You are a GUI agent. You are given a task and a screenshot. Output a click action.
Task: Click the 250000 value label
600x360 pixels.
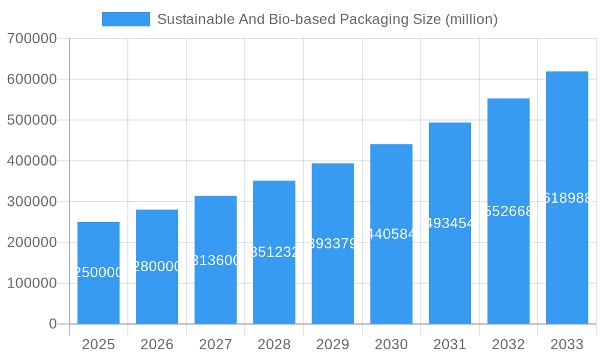(x=98, y=272)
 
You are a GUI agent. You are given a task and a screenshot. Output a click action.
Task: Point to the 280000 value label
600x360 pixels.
(x=157, y=266)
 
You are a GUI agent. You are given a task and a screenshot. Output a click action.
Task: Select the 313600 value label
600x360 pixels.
(x=215, y=260)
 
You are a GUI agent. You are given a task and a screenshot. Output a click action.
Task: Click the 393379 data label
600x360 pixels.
(x=333, y=244)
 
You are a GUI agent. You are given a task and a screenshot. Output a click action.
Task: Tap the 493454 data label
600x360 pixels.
(x=450, y=223)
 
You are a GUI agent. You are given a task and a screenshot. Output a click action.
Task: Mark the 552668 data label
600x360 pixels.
(x=508, y=211)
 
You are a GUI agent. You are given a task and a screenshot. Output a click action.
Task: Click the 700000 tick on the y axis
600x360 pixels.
(x=32, y=38)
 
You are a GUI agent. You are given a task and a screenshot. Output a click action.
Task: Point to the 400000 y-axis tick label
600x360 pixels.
(x=32, y=161)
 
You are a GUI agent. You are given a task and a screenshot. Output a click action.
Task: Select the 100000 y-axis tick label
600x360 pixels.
(x=32, y=283)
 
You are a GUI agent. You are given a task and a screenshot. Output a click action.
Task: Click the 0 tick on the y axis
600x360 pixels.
(x=52, y=324)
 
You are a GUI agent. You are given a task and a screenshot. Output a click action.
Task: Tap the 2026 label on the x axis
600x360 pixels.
(x=157, y=344)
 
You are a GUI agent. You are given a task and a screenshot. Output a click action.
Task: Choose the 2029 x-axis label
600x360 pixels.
(x=333, y=344)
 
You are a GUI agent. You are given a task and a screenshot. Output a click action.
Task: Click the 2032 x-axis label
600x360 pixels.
(x=508, y=344)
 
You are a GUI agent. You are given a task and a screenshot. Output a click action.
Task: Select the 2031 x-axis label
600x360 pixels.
(x=450, y=344)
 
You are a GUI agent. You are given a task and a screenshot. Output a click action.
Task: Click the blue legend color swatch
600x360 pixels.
(x=126, y=19)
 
